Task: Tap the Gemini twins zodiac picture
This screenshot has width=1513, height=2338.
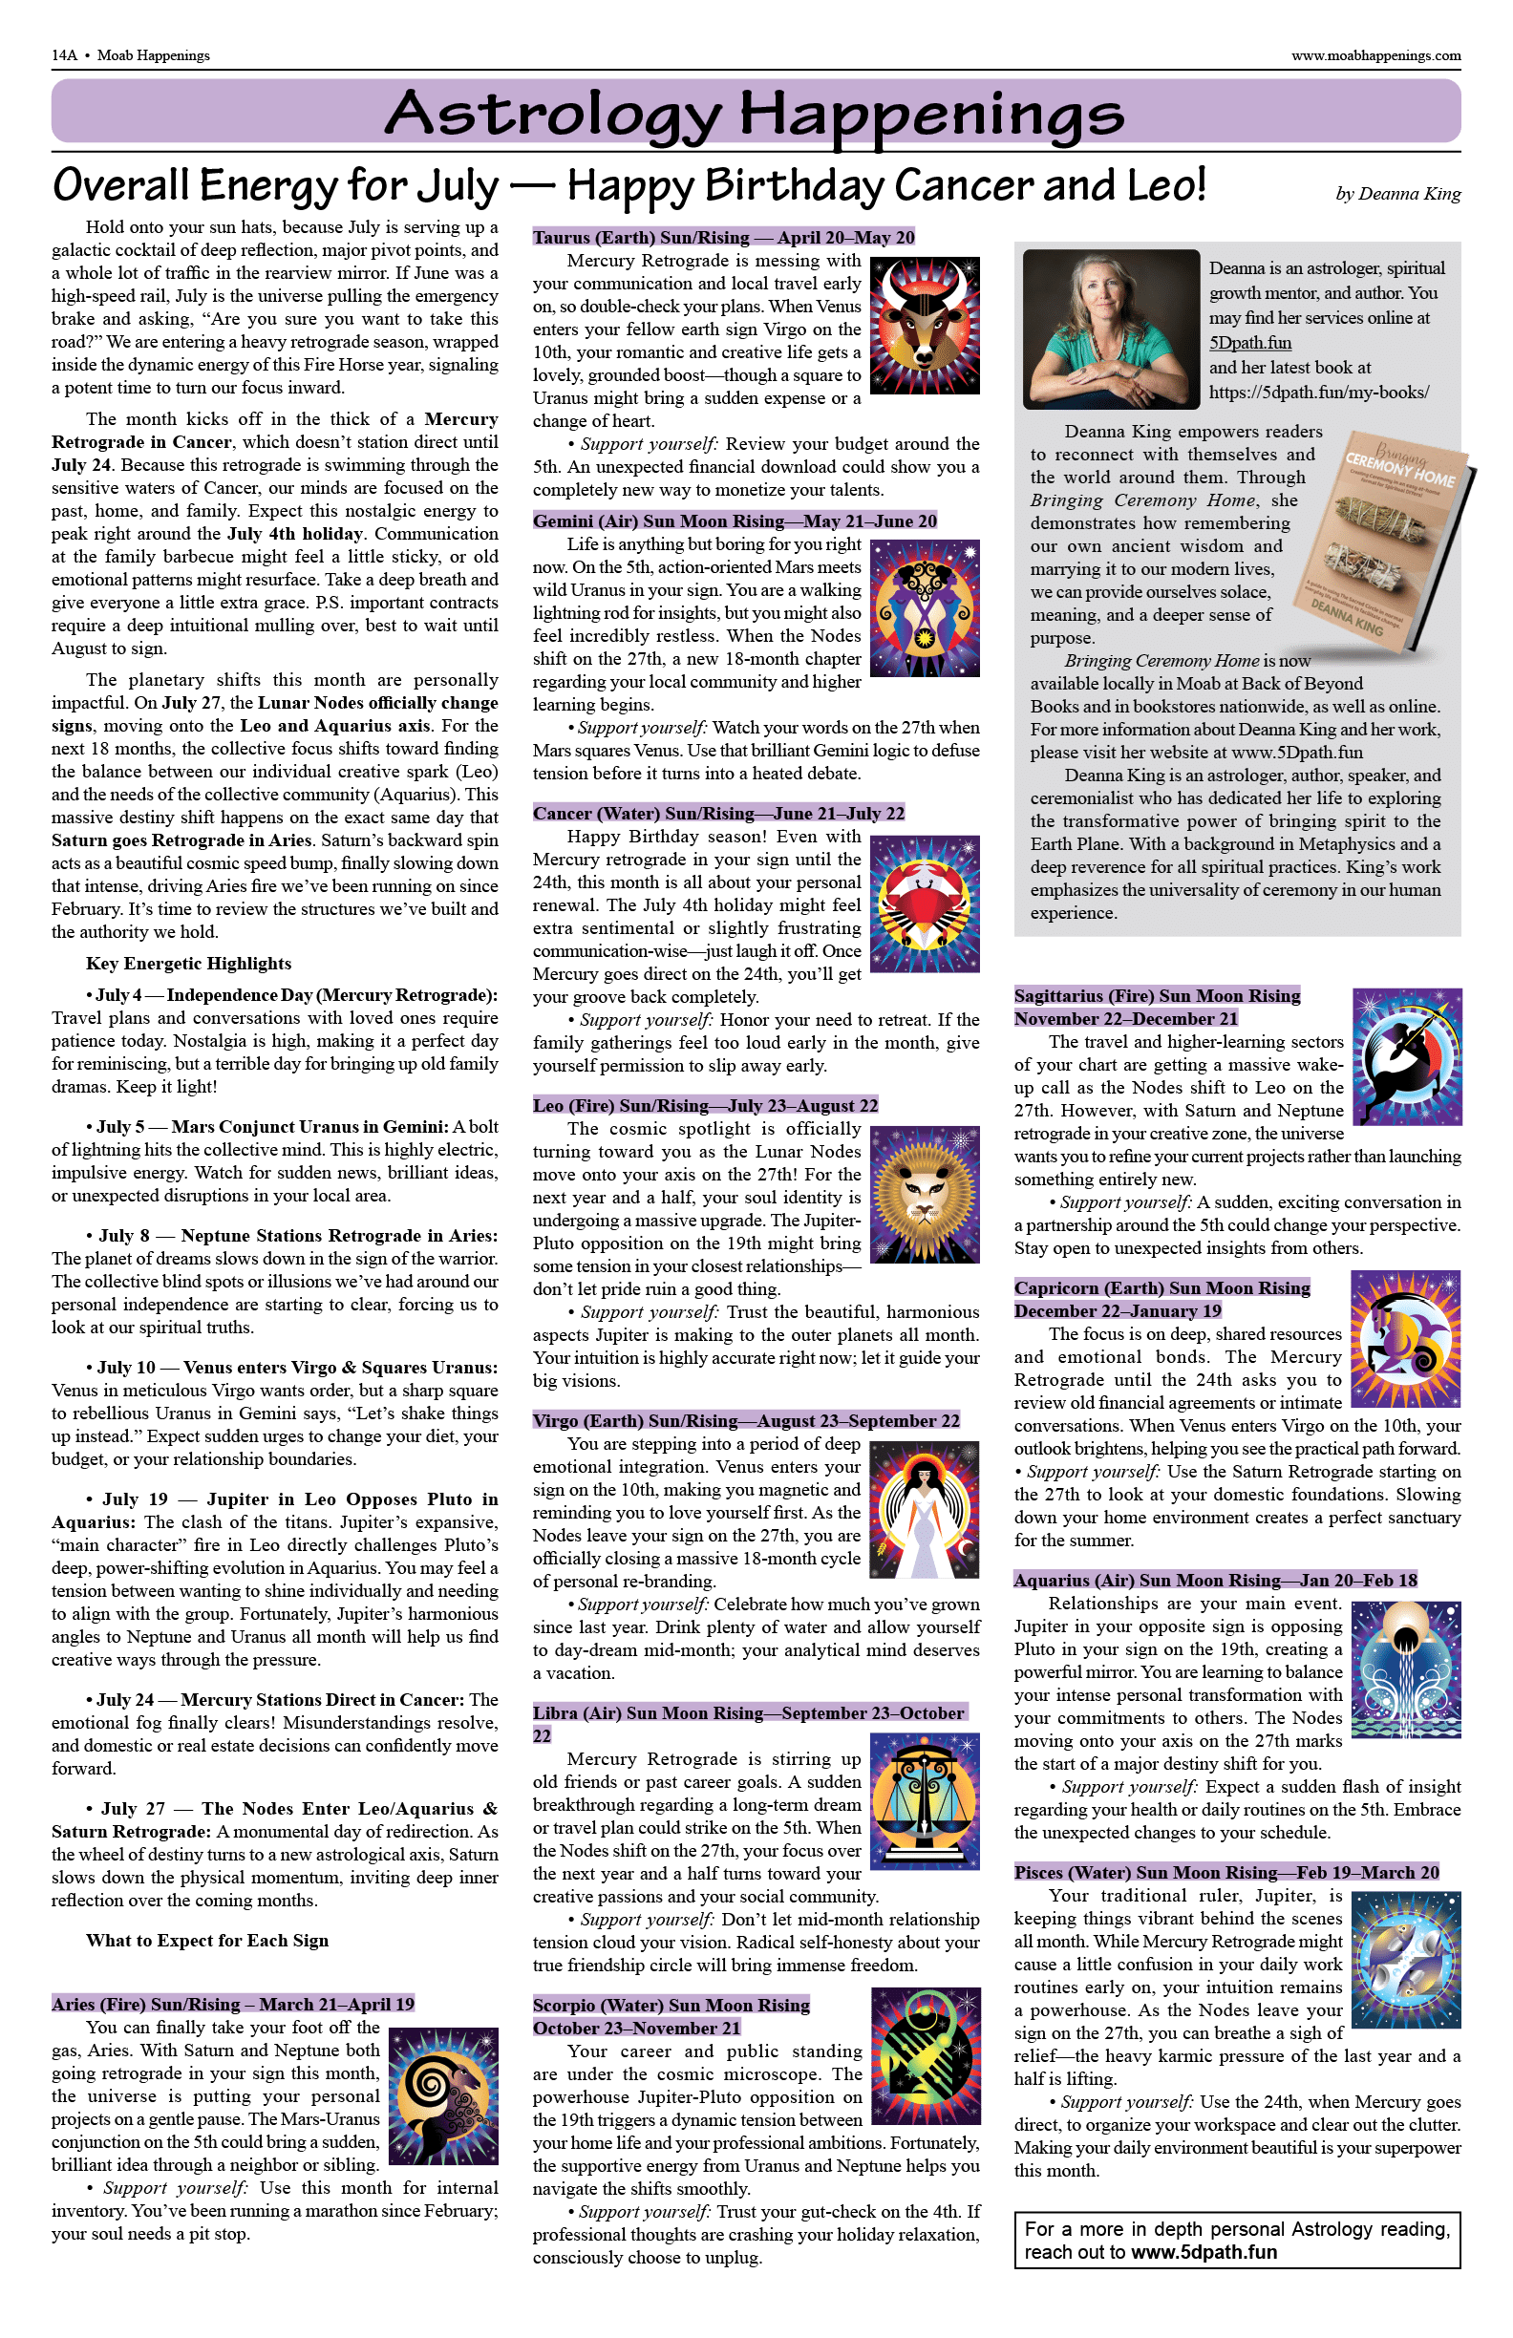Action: pyautogui.click(x=925, y=608)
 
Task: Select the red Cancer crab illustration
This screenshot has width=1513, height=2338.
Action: pyautogui.click(x=925, y=903)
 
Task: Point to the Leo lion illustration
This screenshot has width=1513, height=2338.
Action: pyautogui.click(x=925, y=1194)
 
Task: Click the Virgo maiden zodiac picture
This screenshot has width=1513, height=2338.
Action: pyautogui.click(x=925, y=1509)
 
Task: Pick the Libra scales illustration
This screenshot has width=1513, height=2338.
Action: pyautogui.click(x=925, y=1800)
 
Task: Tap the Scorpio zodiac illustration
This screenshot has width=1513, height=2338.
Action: pyautogui.click(x=925, y=2056)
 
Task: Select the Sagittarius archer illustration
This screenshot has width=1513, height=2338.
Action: pyautogui.click(x=1407, y=1056)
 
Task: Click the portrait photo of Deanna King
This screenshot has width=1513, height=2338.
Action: pyautogui.click(x=1111, y=329)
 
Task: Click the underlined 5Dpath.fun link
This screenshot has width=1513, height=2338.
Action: pyautogui.click(x=1249, y=343)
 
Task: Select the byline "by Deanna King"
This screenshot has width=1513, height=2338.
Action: pyautogui.click(x=1398, y=194)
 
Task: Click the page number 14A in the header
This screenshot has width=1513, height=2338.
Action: pyautogui.click(x=65, y=55)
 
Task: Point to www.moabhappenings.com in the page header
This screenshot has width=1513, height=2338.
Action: pyautogui.click(x=1375, y=55)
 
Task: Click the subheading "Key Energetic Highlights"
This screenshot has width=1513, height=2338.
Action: pyautogui.click(x=188, y=964)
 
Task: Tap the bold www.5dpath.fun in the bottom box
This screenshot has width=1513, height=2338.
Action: pyautogui.click(x=1204, y=2253)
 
